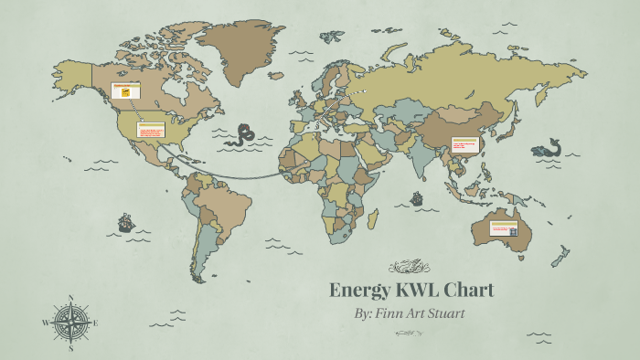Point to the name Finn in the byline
(x=399, y=314)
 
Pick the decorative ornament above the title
(x=409, y=267)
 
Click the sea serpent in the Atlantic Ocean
(x=243, y=135)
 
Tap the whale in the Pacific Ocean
(x=548, y=148)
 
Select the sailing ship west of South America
(x=125, y=222)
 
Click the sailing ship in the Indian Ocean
(x=417, y=197)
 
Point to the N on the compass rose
(x=71, y=298)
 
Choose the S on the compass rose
(x=71, y=349)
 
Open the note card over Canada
(x=124, y=91)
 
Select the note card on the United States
(x=151, y=130)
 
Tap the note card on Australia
(x=503, y=228)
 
